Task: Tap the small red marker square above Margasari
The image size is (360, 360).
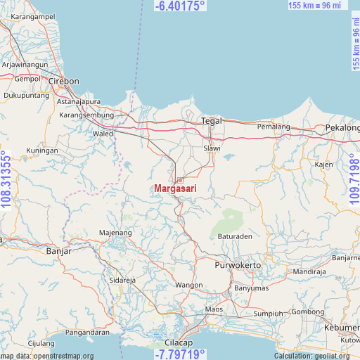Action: tap(180, 180)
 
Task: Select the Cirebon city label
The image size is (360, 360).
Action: tap(63, 81)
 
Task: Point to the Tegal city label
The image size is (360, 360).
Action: tap(212, 120)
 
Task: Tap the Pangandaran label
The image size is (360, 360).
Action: tap(87, 332)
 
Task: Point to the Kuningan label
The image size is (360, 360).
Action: tap(42, 150)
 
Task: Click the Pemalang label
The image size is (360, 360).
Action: tap(274, 127)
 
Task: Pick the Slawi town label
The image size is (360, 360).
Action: tap(212, 148)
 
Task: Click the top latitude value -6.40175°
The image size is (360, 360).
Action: tap(180, 6)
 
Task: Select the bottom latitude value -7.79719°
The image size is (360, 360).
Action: tap(180, 354)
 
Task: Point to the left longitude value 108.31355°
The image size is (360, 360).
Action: tap(6, 180)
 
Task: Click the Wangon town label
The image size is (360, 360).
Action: tap(189, 285)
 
